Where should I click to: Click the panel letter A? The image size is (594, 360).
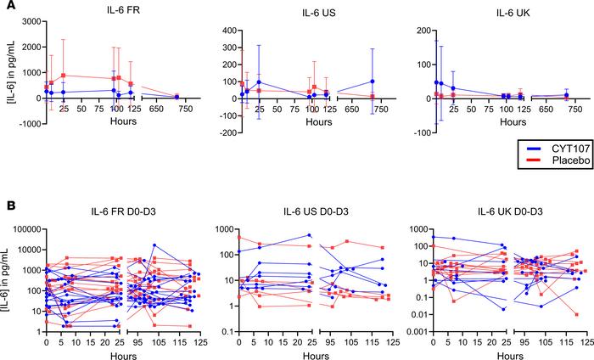click(7, 7)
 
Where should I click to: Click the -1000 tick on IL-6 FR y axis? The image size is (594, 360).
click(28, 123)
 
